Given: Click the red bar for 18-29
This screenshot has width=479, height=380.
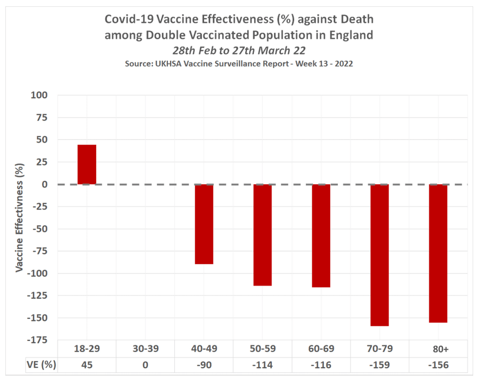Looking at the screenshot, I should [87, 165].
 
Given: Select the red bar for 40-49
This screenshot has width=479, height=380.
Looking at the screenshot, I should [204, 224].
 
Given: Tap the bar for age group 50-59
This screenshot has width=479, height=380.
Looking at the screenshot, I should [262, 235].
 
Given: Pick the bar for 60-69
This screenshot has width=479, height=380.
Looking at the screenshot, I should [321, 236].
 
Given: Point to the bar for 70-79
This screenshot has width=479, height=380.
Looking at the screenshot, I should [379, 255].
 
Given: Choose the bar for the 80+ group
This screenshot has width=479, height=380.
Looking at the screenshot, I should [438, 253].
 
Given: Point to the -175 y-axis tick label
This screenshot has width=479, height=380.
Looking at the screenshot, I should [38, 340].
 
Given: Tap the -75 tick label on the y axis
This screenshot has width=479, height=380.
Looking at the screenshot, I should [40, 251].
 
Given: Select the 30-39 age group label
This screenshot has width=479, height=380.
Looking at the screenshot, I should [146, 349].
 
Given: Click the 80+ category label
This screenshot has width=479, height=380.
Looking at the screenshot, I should [438, 349].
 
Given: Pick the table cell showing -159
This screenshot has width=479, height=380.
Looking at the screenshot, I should [379, 365].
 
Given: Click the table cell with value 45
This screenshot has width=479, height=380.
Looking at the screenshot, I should [87, 365].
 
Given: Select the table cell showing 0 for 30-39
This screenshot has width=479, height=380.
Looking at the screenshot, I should [146, 365].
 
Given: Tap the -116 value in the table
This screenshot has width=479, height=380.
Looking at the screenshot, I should [321, 365].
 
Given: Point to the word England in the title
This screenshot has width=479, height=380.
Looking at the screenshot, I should [351, 35].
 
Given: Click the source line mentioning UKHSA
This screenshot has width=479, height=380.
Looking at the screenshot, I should [240, 64].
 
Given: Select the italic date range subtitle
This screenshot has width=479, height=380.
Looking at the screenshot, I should [240, 51].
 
